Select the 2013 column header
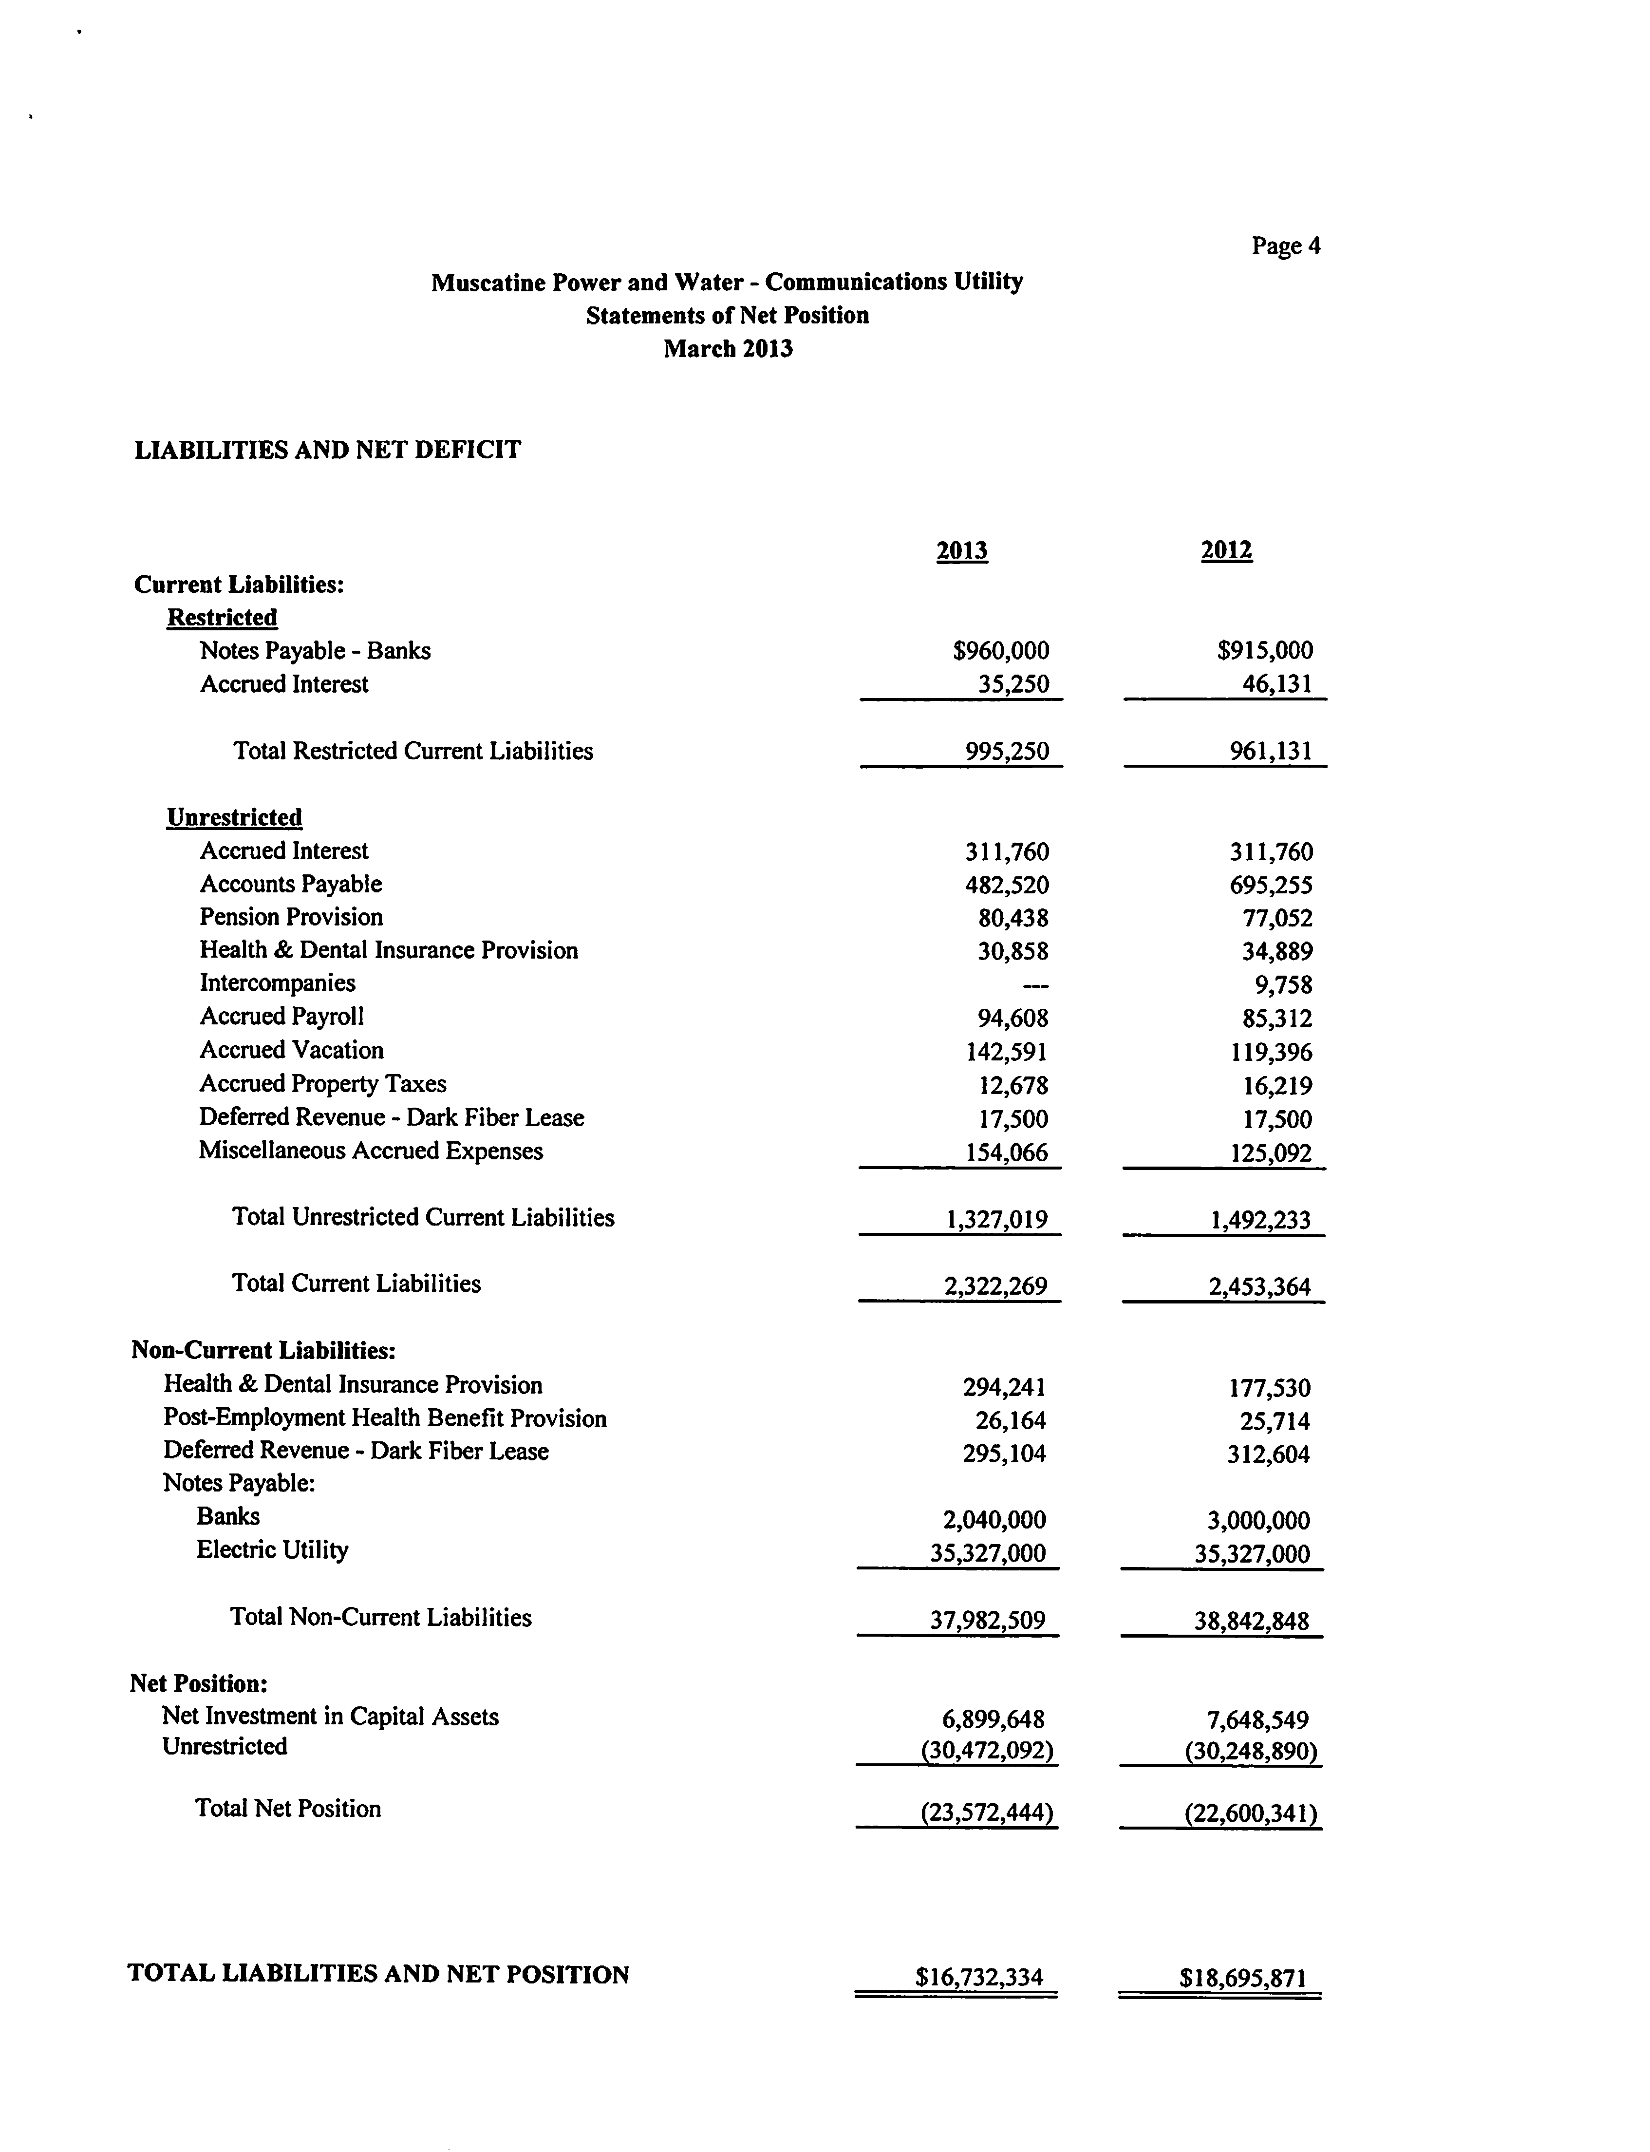pos(961,550)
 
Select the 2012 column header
pos(1226,550)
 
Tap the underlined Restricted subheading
pos(222,618)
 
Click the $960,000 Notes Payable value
pos(1001,650)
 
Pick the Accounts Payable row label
pos(291,884)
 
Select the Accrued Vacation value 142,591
pos(1007,1052)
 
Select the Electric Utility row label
pos(272,1550)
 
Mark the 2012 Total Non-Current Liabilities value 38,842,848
pos(1251,1621)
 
